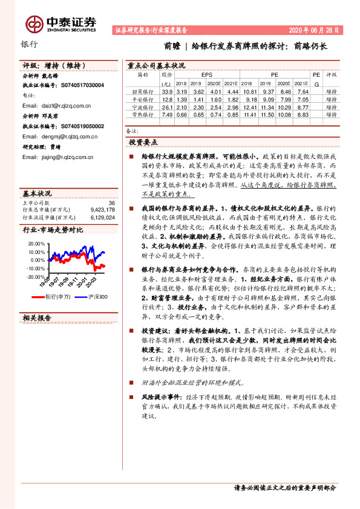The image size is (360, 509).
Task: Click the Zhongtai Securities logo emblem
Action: [x=34, y=24]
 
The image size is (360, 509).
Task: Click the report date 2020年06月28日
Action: [x=315, y=30]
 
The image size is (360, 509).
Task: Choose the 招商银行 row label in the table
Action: [x=143, y=91]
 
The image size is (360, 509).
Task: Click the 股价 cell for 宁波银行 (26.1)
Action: [x=168, y=106]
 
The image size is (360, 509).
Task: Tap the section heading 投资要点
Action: [x=143, y=142]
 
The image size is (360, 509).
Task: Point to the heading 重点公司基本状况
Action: [x=156, y=65]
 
